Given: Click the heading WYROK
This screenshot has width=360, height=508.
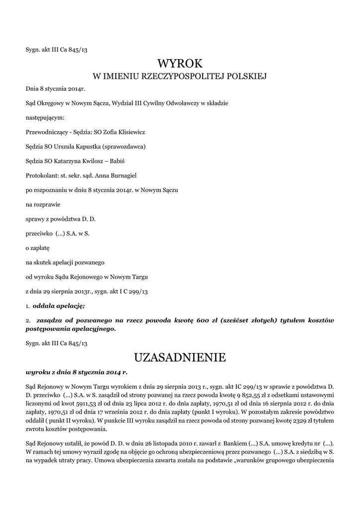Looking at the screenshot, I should pos(180,63).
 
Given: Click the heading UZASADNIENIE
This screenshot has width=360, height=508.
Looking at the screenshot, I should pos(180,357).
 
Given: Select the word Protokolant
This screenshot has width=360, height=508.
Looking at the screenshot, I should pos(42,176).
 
